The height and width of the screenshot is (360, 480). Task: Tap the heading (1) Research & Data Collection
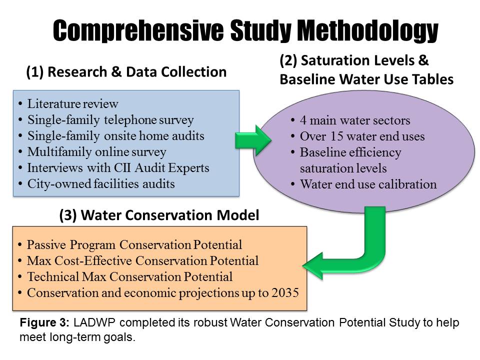click(126, 72)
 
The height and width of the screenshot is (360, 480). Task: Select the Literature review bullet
click(73, 104)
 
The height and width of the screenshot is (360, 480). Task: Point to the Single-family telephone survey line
click(110, 119)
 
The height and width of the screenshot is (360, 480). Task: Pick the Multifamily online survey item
click(96, 152)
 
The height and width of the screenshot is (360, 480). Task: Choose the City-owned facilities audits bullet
click(101, 184)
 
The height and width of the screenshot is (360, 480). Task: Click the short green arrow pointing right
click(253, 140)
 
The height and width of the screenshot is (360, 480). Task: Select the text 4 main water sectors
click(355, 120)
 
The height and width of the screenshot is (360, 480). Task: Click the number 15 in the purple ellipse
click(336, 136)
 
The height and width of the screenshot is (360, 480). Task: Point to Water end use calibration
click(368, 184)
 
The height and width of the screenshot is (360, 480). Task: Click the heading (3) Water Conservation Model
click(159, 215)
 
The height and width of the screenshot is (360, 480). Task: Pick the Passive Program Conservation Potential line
click(134, 245)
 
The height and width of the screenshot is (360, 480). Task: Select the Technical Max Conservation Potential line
click(130, 276)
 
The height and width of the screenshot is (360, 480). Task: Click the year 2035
click(285, 292)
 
